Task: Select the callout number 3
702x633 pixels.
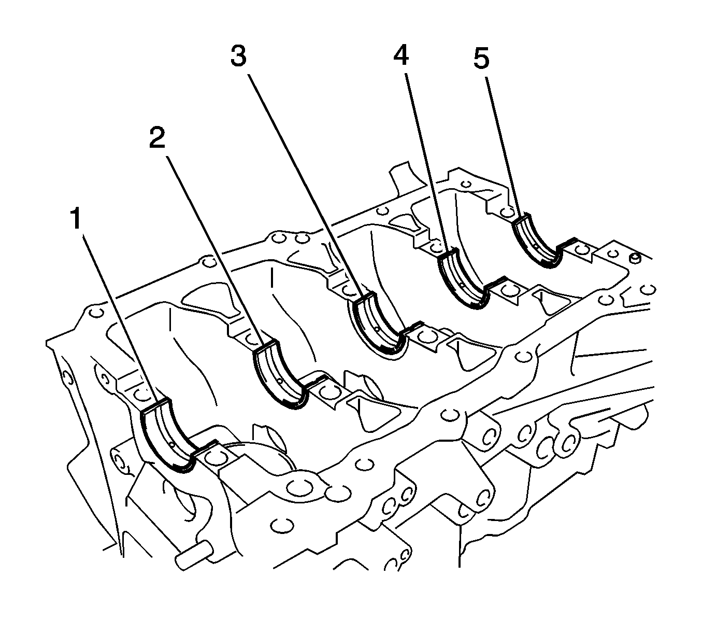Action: (238, 56)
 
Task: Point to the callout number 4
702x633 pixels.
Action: (400, 54)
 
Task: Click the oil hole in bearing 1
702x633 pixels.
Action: (172, 444)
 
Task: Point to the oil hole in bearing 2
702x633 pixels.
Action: (280, 381)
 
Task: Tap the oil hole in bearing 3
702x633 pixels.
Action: (377, 329)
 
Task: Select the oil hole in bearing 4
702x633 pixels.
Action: (463, 285)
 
